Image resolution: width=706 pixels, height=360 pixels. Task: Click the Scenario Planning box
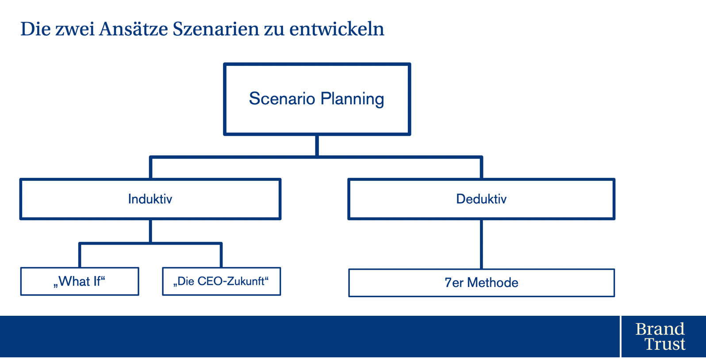click(317, 99)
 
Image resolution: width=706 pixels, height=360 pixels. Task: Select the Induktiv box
click(150, 199)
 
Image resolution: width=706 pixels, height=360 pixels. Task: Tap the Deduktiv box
click(481, 199)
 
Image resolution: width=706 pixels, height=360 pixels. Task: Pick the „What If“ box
click(80, 281)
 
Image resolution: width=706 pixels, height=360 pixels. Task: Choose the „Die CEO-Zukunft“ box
click(221, 281)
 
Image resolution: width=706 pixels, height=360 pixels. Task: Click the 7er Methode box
click(482, 283)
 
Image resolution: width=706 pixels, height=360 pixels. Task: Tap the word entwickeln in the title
click(337, 29)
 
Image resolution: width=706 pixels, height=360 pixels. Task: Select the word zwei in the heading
click(75, 29)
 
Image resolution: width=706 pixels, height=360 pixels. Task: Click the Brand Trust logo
click(660, 337)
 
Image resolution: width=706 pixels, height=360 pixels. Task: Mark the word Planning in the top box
click(352, 99)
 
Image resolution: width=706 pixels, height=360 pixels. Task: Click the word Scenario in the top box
click(282, 98)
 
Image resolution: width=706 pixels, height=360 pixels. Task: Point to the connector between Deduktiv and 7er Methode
click(481, 244)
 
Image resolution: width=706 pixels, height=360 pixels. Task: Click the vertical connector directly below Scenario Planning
click(317, 146)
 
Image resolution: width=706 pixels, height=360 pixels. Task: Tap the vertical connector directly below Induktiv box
click(150, 231)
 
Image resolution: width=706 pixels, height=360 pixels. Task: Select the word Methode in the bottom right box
click(493, 283)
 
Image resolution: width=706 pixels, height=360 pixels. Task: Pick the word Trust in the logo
click(665, 344)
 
